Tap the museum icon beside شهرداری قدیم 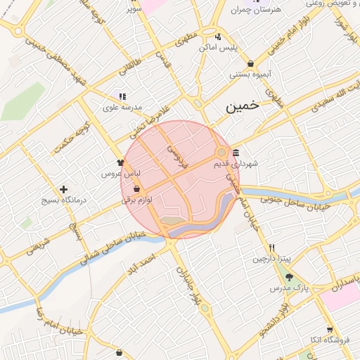(235, 153)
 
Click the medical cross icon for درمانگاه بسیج (64, 189)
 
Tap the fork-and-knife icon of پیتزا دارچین (271, 248)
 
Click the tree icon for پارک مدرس (288, 277)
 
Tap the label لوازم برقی (137, 200)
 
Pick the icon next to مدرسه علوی (122, 96)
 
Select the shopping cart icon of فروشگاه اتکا (329, 330)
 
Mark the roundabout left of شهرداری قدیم (221, 152)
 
